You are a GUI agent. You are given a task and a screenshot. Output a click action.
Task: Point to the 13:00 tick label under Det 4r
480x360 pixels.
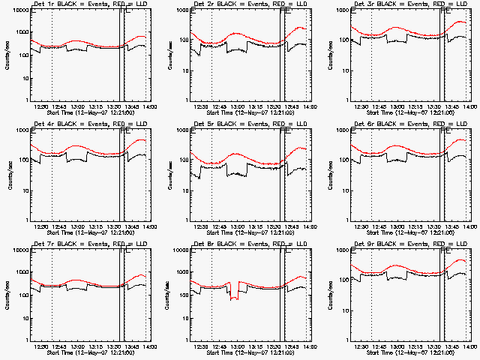point(76,226)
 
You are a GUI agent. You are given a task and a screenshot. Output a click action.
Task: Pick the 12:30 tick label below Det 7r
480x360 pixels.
point(40,346)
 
